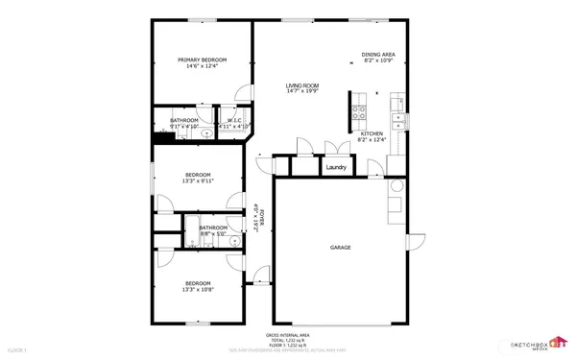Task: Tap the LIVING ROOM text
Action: coord(301,86)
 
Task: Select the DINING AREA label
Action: coord(378,55)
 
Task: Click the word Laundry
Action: coord(336,167)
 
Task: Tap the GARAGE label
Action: coord(341,247)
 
